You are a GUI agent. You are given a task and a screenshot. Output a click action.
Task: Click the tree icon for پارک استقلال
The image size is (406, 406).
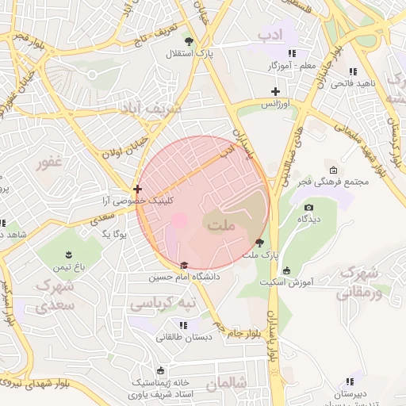pyautogui.click(x=188, y=41)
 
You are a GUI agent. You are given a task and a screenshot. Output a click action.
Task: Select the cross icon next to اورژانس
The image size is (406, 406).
pyautogui.click(x=275, y=91)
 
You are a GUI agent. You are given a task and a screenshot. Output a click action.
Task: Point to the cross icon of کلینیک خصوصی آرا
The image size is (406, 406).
pyautogui.click(x=138, y=190)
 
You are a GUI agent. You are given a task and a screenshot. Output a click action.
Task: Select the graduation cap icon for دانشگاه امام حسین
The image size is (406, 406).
pyautogui.click(x=185, y=266)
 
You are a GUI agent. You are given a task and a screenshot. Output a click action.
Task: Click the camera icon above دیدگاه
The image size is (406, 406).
pyautogui.click(x=308, y=207)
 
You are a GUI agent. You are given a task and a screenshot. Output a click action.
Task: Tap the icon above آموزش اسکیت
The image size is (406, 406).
pyautogui.click(x=286, y=270)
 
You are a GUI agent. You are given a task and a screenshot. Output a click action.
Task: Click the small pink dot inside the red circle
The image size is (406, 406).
pyautogui.click(x=179, y=219)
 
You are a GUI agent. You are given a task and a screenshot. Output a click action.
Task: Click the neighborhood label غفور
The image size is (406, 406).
pyautogui.click(x=54, y=164)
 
